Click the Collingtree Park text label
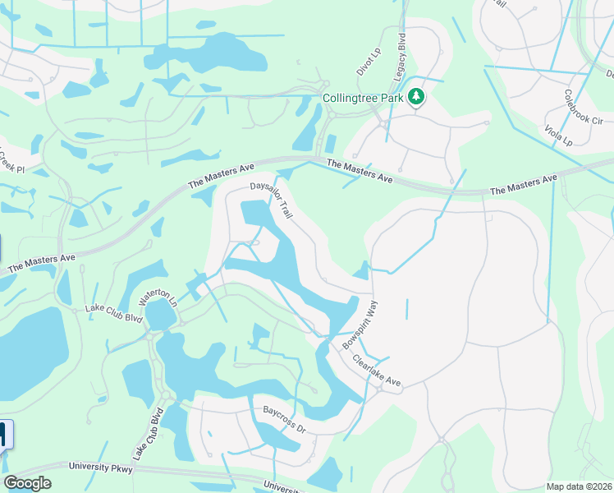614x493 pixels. click(x=362, y=98)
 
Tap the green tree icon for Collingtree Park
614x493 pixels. click(x=417, y=98)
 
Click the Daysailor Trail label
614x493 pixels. click(x=272, y=199)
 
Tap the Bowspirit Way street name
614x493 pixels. click(x=359, y=325)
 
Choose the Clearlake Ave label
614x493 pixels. click(x=376, y=371)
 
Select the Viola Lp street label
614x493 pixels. click(x=557, y=134)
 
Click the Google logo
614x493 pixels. click(x=27, y=483)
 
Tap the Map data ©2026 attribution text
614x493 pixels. click(x=578, y=486)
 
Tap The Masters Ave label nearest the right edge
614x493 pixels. click(x=524, y=185)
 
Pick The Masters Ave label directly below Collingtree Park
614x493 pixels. click(x=360, y=171)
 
